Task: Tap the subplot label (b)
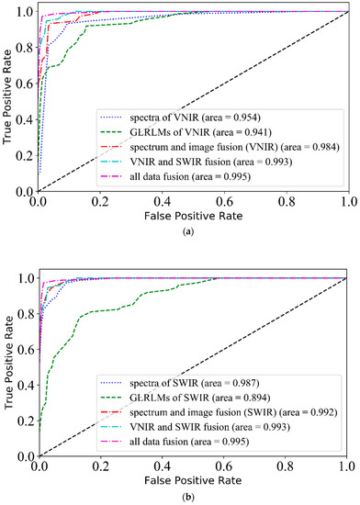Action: [x=189, y=499]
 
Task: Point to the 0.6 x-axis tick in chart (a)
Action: [x=223, y=201]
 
